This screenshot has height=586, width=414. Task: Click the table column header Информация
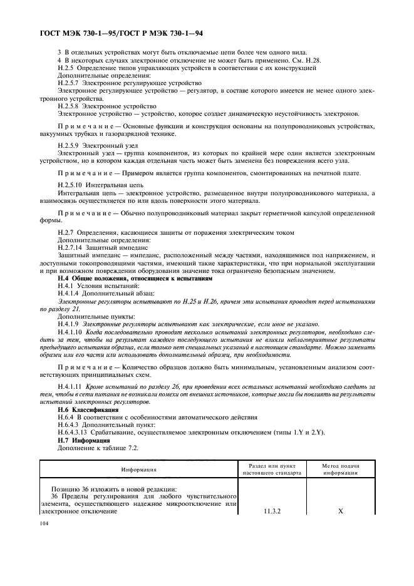(138, 469)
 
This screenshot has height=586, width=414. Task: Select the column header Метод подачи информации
(340, 470)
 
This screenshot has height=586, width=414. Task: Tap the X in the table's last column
(340, 511)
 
